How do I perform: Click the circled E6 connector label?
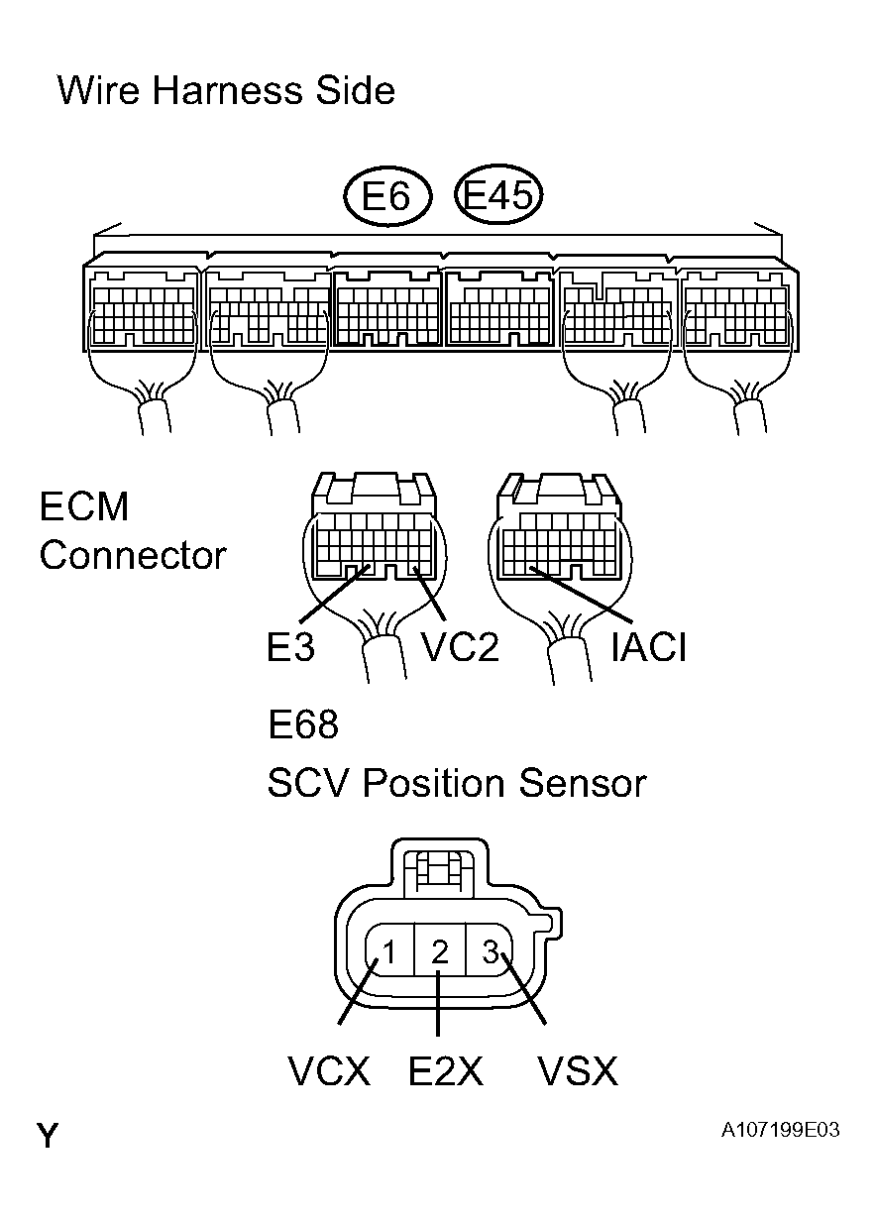pos(386,197)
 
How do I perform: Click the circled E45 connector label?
pos(499,196)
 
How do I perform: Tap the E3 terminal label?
pos(290,648)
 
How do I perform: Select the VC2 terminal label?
pos(460,648)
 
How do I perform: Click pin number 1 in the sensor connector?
pos(389,952)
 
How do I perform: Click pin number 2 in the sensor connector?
pos(440,952)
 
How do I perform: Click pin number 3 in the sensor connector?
pos(491,952)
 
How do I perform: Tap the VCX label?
pos(329,1071)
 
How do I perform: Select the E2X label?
pos(446,1071)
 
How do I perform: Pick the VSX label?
pos(577,1071)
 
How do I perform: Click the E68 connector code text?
pos(303,725)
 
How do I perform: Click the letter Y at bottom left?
pos(48,1136)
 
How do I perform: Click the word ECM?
pos(84,507)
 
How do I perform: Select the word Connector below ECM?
pos(133,555)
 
